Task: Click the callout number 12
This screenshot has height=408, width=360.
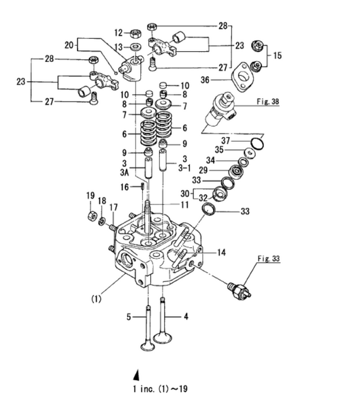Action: [x=117, y=32]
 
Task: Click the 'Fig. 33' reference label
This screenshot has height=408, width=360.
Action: [x=269, y=260]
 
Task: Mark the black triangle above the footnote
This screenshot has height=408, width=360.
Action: [x=135, y=375]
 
